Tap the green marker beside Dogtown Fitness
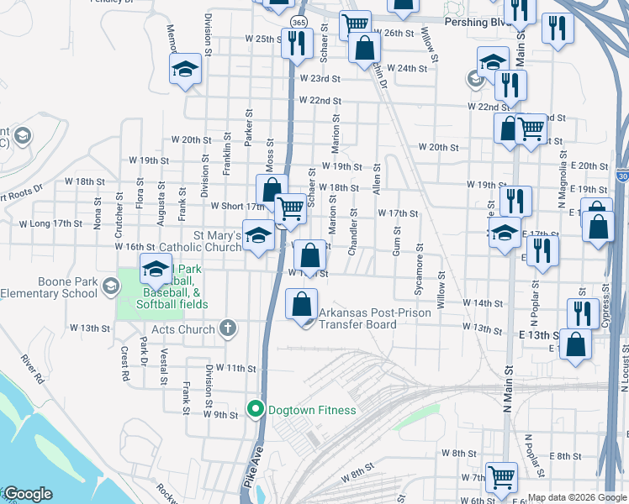[256, 410]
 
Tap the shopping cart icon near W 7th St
[501, 476]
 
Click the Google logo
[27, 495]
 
